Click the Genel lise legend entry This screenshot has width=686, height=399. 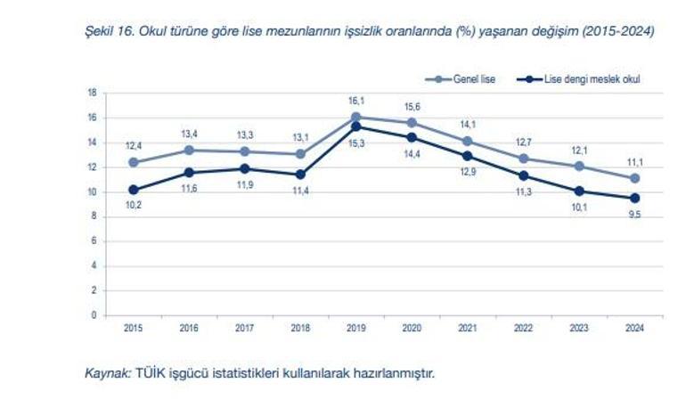[472, 78]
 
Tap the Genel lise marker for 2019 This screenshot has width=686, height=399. [355, 117]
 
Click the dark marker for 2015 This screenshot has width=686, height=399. [134, 190]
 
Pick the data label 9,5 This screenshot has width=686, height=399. [634, 215]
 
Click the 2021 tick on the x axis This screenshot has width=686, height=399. [467, 328]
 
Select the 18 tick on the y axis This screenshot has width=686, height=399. [93, 93]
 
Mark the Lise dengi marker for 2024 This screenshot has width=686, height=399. [634, 198]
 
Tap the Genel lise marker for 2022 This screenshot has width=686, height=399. [523, 159]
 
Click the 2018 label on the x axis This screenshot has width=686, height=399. [300, 328]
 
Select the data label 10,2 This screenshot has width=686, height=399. [134, 206]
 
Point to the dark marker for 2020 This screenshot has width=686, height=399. [412, 137]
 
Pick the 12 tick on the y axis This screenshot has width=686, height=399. [93, 167]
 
